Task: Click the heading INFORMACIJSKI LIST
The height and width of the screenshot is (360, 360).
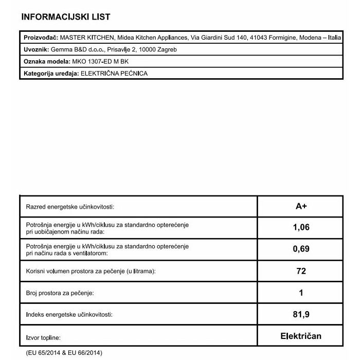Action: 66,17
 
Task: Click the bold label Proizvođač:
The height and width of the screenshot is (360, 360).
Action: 41,38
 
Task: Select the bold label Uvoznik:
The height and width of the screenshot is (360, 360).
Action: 37,50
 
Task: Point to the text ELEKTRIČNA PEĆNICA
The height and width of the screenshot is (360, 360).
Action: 114,74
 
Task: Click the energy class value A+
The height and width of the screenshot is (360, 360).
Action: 301,206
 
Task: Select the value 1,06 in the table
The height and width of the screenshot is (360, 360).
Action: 301,227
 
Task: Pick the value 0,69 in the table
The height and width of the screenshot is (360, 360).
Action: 301,249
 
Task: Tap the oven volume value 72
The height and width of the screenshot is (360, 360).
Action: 301,271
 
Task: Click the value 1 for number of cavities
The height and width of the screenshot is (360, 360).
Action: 301,293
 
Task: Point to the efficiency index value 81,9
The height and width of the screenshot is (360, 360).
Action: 301,314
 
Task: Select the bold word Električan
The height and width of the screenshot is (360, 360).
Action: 301,336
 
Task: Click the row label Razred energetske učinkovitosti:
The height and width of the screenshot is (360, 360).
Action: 70,207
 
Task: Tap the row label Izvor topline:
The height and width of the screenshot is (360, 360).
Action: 43,338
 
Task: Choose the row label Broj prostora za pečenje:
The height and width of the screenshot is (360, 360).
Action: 60,293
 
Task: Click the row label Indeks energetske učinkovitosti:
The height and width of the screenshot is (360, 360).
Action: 69,314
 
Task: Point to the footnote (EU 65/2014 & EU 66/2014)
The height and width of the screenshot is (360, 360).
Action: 64,352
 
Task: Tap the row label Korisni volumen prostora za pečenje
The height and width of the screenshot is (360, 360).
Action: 91,271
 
